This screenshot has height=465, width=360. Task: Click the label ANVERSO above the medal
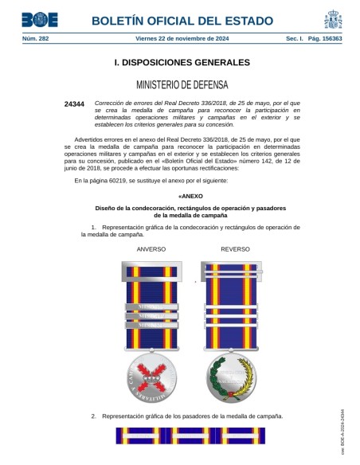pos(151,249)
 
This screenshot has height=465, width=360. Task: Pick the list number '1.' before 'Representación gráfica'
pos(94,227)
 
